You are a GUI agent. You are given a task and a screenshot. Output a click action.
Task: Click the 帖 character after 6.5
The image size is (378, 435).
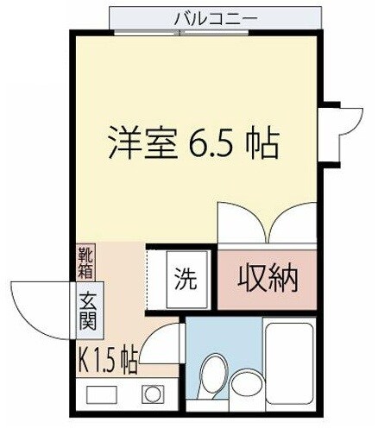260,143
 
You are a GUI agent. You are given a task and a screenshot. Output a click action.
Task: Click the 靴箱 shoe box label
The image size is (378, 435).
88,262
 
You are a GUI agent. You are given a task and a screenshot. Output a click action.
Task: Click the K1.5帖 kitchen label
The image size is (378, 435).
107,356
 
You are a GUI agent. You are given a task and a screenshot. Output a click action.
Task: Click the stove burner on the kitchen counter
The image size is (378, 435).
153,394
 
